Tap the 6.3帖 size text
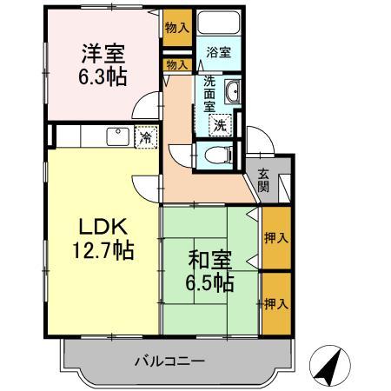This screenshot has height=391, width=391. tap(103, 77)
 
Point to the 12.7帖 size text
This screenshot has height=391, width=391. tap(103, 251)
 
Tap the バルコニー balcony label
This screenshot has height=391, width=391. tap(169, 360)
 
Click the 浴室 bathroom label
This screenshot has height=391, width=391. tap(218, 53)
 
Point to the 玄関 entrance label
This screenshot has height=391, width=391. tap(263, 180)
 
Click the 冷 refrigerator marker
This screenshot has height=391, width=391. tap(146, 136)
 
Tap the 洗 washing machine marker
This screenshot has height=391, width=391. tap(221, 124)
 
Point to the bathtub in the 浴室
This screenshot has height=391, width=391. tap(219, 24)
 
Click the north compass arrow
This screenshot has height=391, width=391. tap(326, 365)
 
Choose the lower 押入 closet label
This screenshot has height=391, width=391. tap(276, 304)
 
